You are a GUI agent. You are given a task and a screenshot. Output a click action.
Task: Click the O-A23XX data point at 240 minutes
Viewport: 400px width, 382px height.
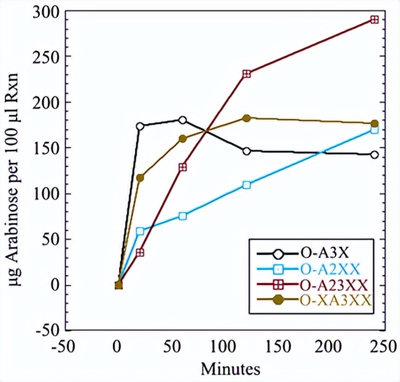tap(374, 20)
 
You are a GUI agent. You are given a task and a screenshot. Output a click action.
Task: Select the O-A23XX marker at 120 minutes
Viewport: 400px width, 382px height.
tap(247, 74)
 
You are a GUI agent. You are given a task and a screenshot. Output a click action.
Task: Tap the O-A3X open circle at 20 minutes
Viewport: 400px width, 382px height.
tap(140, 126)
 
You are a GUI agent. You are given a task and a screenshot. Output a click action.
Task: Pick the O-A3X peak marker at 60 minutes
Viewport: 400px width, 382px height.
tap(182, 120)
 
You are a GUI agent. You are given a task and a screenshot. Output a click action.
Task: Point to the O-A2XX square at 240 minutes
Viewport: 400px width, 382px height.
tap(374, 130)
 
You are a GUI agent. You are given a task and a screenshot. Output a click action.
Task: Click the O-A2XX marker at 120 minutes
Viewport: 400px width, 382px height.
tap(247, 185)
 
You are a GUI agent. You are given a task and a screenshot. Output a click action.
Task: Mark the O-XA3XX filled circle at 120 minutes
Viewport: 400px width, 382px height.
tap(247, 118)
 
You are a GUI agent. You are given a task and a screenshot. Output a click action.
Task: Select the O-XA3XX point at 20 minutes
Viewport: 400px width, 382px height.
tap(140, 177)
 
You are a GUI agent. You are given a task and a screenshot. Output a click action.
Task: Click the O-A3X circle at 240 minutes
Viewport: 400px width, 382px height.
tap(374, 154)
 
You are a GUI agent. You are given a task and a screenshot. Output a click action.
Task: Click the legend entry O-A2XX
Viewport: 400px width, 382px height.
tap(329, 268)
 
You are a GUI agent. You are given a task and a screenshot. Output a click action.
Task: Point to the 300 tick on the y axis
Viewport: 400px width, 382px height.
tap(48, 12)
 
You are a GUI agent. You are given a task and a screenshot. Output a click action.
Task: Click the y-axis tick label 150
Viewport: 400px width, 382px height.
tap(48, 148)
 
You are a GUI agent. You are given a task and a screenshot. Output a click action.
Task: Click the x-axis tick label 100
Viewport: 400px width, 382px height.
tap(224, 346)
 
